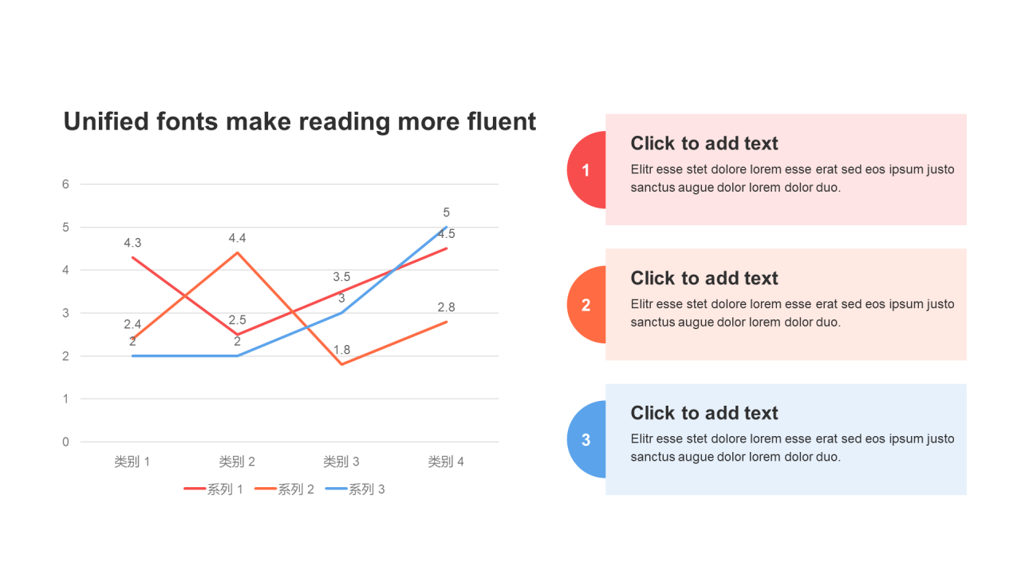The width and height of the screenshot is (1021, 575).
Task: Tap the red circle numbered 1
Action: coord(586,170)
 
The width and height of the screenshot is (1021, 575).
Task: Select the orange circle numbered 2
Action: coord(586,304)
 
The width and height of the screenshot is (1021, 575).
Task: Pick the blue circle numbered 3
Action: coord(586,439)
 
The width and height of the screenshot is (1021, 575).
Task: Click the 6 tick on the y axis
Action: coord(65,184)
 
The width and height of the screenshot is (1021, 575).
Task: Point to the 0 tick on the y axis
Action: coord(65,442)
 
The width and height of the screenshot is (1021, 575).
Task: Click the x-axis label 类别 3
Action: coord(341,462)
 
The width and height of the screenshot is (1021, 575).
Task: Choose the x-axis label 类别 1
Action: coord(132,462)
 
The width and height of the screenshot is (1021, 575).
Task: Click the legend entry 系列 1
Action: coord(213,490)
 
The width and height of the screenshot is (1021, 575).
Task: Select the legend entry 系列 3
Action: coord(355,490)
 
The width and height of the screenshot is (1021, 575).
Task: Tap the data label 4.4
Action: coord(237,238)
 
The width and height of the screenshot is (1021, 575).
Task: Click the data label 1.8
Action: coord(341,350)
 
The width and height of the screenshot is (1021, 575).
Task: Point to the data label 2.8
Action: coord(446,307)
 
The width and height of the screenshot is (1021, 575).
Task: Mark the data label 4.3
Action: coord(132,243)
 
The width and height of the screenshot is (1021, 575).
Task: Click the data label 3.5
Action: coord(341,276)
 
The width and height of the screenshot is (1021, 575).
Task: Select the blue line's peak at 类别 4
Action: coord(446,227)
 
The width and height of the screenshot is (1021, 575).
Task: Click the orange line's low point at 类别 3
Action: coord(342,364)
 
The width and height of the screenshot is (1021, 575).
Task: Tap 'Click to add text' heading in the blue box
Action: coord(704,413)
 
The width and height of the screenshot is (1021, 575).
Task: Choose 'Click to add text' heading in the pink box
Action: coord(704,143)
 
